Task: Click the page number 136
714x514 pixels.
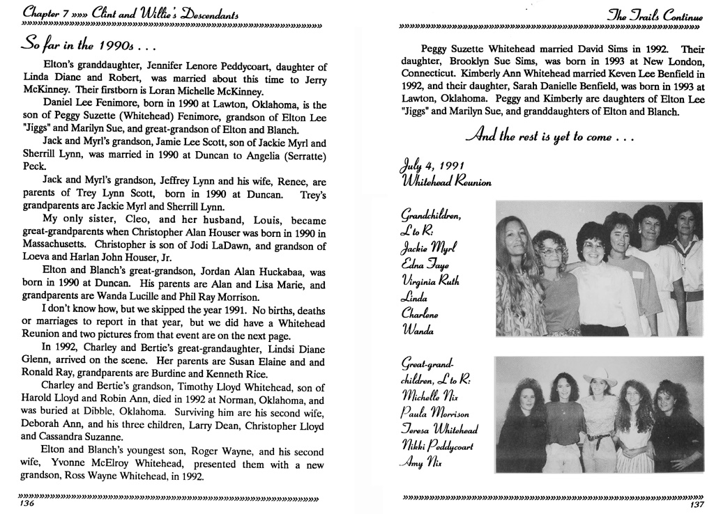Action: click(28, 504)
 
